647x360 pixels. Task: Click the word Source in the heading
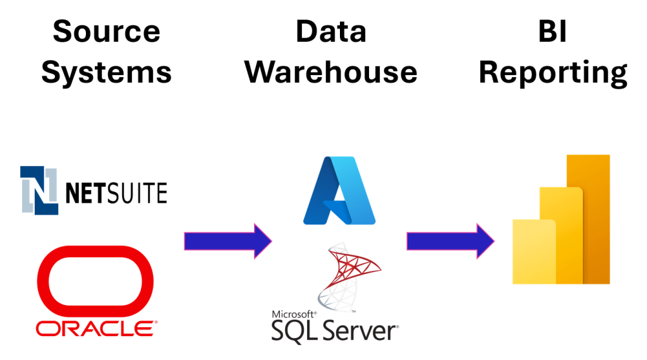[106, 31]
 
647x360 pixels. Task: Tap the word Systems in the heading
[106, 72]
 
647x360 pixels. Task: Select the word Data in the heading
[331, 31]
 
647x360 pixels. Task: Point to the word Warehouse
[331, 72]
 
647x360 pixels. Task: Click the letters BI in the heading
[553, 31]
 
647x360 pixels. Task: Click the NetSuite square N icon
[40, 190]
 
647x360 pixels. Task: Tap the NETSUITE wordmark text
[117, 192]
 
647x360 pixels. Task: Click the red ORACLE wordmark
[93, 328]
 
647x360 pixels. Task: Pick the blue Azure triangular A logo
[339, 191]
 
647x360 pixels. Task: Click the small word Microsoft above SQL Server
[293, 314]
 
